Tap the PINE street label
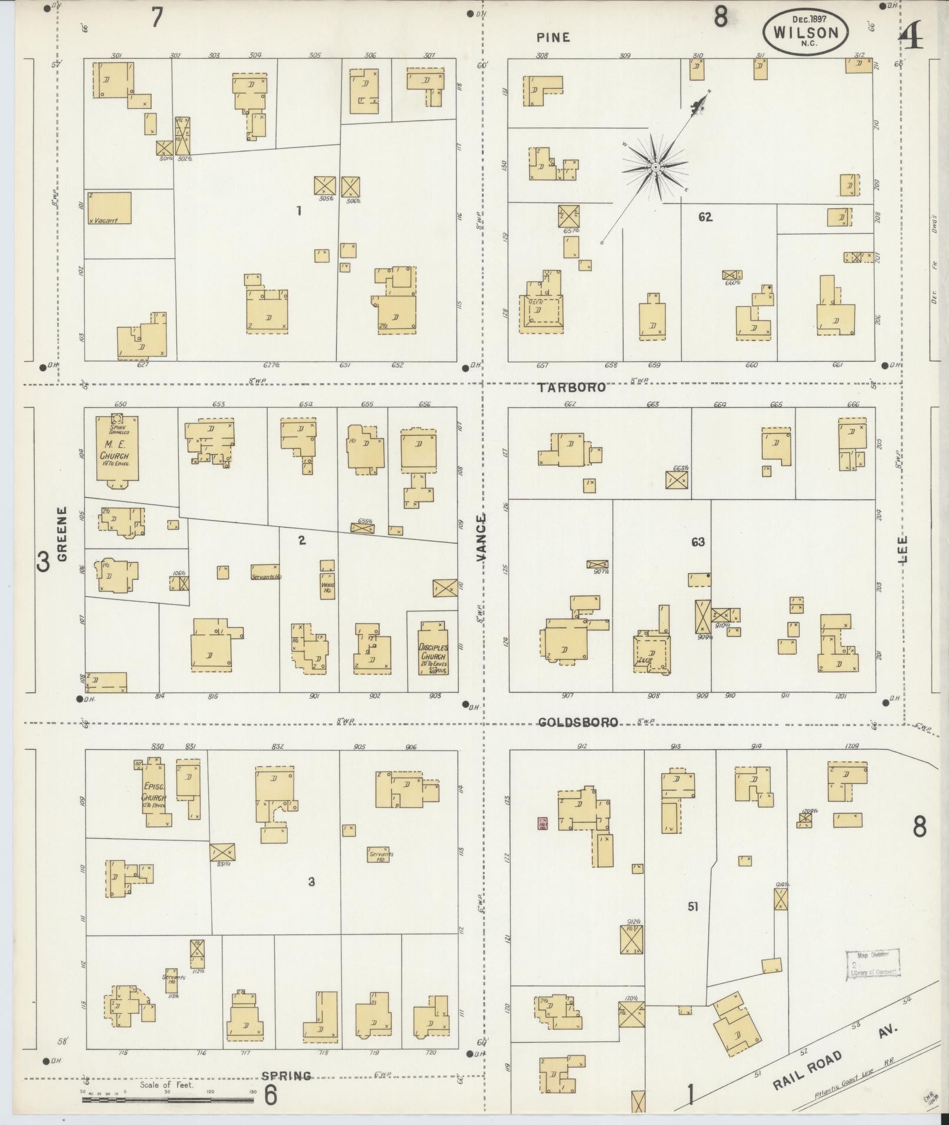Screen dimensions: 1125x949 click(x=553, y=38)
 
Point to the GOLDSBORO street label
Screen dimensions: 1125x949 click(x=579, y=722)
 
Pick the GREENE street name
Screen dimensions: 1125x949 click(x=62, y=535)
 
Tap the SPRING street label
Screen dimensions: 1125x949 click(x=287, y=1076)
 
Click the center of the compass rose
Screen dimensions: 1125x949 click(x=655, y=168)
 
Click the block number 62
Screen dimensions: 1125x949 click(x=705, y=217)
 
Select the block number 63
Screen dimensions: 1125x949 click(x=698, y=542)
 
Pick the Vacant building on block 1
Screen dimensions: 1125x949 click(x=109, y=208)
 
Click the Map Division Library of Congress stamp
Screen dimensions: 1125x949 click(x=873, y=964)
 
